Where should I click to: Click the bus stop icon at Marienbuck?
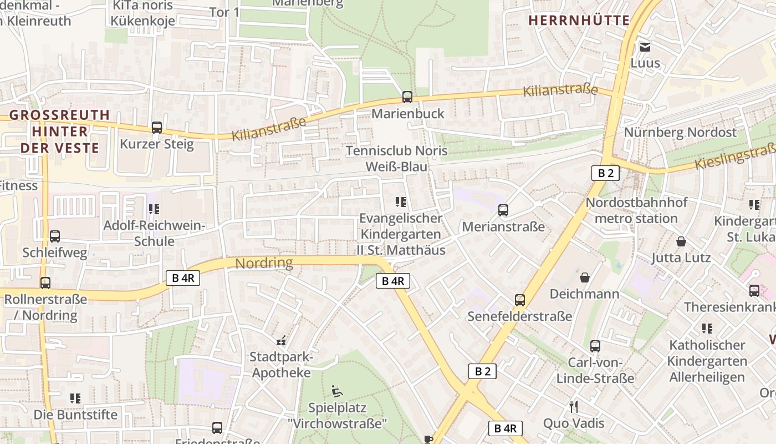[407, 97]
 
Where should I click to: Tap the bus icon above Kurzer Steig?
[157, 128]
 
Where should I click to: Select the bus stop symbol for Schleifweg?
[55, 236]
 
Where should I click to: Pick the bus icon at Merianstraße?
[503, 210]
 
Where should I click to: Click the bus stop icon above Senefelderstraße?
[520, 300]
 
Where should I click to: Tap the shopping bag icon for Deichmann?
[584, 277]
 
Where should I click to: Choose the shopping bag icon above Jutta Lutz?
[681, 241]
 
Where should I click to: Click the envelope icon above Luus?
[645, 47]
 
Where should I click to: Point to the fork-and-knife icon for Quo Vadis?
[574, 407]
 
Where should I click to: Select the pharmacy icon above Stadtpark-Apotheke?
[281, 340]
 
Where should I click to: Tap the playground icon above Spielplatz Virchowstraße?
[336, 391]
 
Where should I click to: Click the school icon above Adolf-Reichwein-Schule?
[154, 209]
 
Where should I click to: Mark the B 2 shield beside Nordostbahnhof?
[605, 173]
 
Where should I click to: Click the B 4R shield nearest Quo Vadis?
[505, 428]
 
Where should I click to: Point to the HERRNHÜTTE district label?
[579, 21]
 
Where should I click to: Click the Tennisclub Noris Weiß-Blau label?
[396, 159]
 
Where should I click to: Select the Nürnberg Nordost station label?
[680, 133]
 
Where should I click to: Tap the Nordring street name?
[264, 263]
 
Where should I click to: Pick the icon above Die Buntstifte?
[75, 398]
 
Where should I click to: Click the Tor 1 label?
[224, 12]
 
